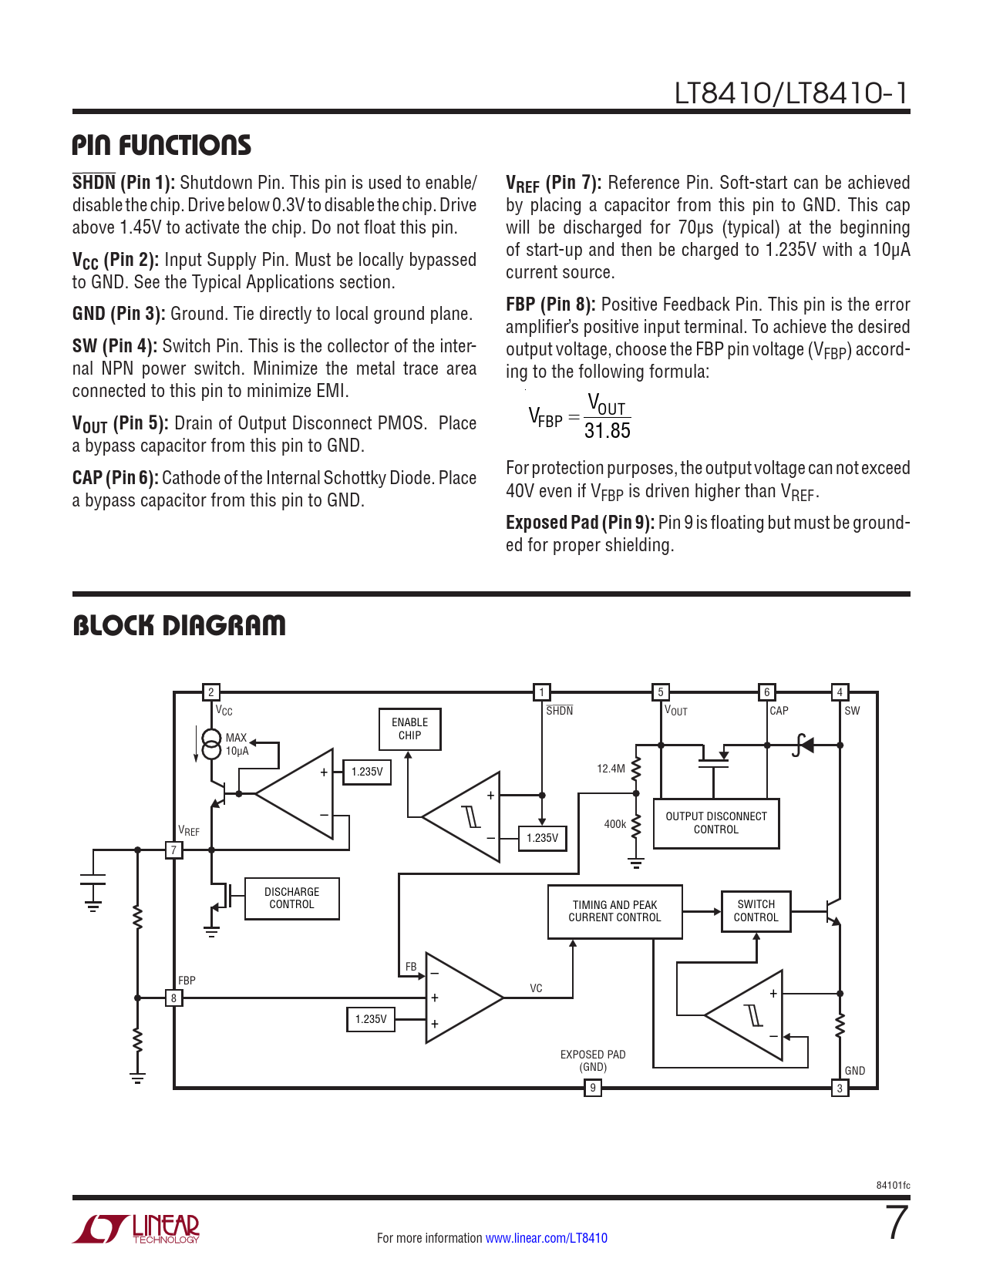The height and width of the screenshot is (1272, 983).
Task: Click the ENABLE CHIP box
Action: coord(409,729)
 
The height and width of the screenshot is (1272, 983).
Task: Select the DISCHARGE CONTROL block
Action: coord(291,898)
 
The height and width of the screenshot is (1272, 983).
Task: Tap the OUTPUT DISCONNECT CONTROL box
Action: coord(716,823)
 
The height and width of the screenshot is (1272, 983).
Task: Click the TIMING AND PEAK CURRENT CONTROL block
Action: coord(614,911)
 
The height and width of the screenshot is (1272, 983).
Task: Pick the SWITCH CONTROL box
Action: coord(756,911)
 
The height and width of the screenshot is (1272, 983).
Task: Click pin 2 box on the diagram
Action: coord(211,692)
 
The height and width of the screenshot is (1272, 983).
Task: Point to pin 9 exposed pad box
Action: coord(592,1088)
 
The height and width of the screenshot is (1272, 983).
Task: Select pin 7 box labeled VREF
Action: coord(174,850)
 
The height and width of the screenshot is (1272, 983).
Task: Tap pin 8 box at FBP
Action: coord(174,998)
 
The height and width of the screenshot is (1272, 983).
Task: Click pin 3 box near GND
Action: coord(840,1088)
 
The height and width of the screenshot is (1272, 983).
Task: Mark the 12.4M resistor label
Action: coord(611,769)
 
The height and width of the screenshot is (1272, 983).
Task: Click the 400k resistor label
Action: coord(614,824)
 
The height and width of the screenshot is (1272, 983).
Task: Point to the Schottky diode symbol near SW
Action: coord(803,745)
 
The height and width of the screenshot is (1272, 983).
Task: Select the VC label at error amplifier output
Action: coord(536,988)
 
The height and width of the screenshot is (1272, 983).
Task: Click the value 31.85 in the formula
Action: coord(608,431)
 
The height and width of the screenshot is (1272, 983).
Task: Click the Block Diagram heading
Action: coord(179,625)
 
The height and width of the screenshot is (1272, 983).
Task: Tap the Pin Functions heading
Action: coord(161,145)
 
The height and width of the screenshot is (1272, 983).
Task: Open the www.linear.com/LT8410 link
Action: coord(546,1238)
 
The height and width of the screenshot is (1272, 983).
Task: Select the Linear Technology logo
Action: coord(136,1229)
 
